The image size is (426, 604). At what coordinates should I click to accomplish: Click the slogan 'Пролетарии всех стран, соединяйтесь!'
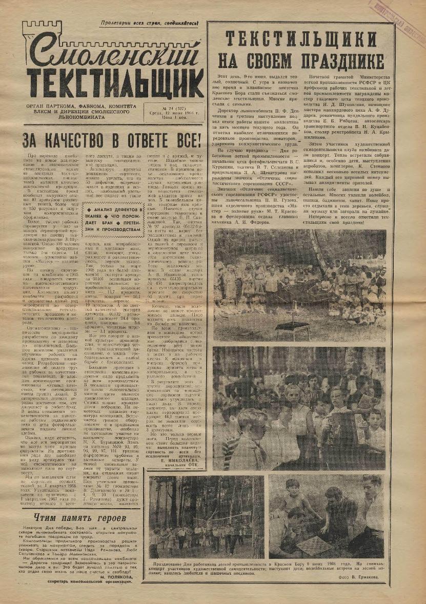pyautogui.click(x=149, y=24)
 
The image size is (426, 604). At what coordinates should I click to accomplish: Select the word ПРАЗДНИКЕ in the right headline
pyautogui.click(x=334, y=60)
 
